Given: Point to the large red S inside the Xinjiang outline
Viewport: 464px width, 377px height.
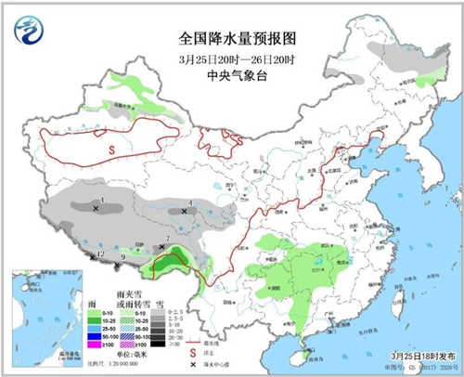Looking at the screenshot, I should coord(110,148).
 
